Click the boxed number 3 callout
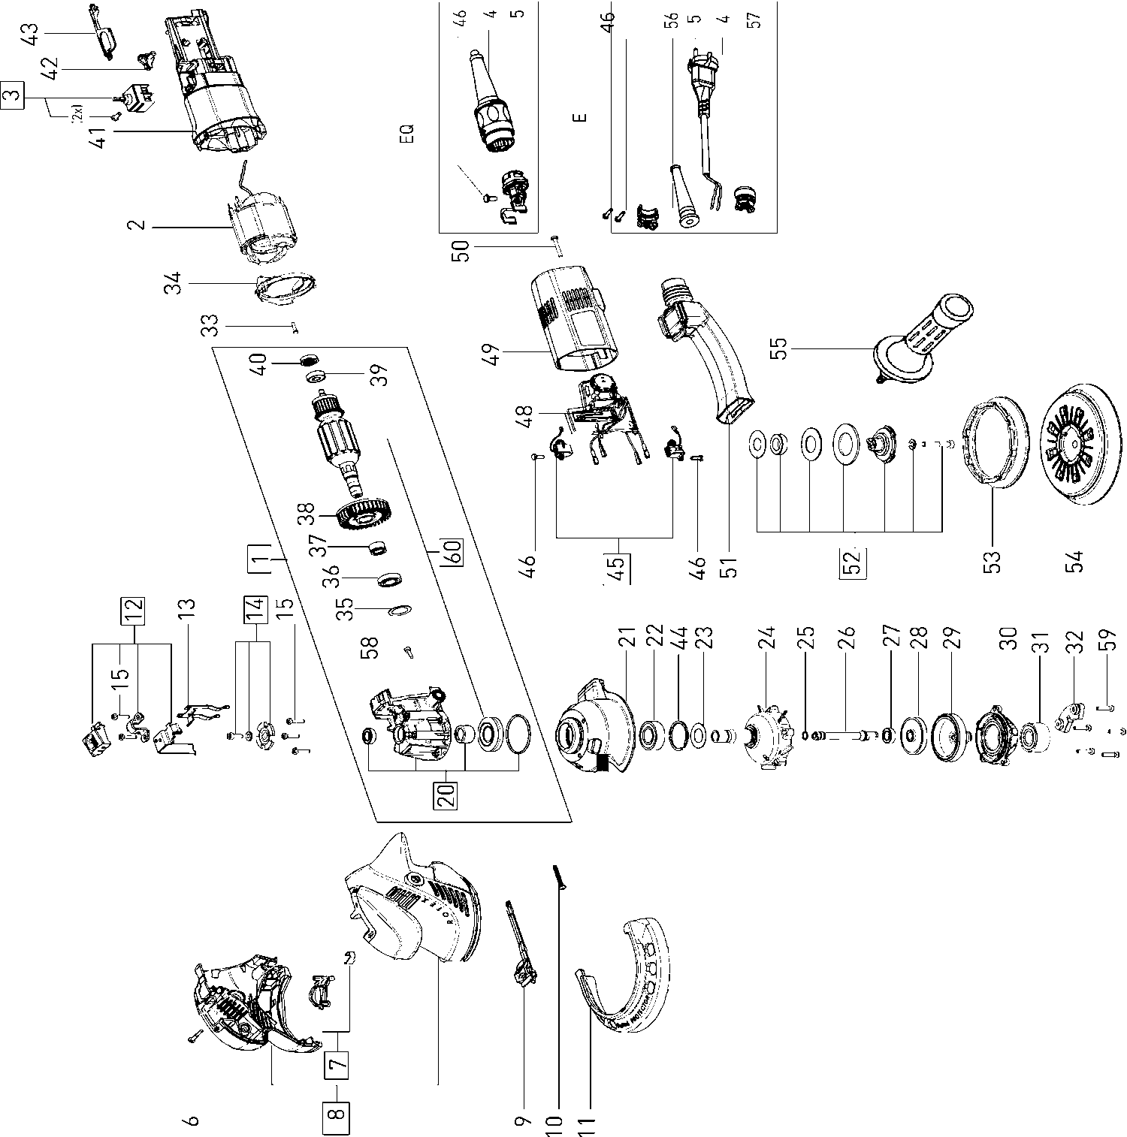click(x=13, y=95)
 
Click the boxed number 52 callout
click(x=854, y=562)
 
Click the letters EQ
click(x=408, y=135)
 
